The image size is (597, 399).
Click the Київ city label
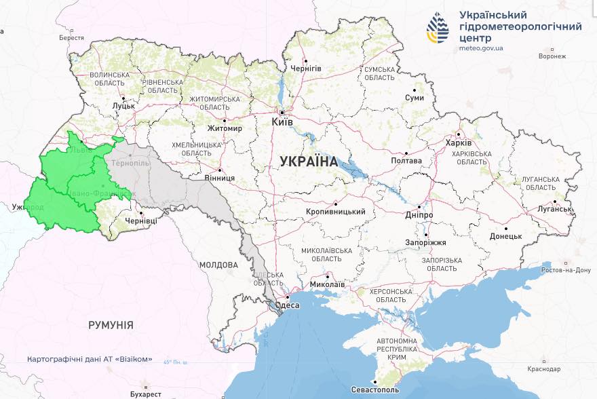click(x=282, y=122)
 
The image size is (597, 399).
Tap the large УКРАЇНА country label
click(x=309, y=161)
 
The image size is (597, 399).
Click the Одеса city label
click(x=288, y=306)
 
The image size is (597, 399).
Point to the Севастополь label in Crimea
click(x=376, y=390)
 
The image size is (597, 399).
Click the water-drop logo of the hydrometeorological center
click(x=438, y=28)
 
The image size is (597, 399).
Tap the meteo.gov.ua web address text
click(x=481, y=49)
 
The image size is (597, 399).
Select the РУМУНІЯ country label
click(x=111, y=325)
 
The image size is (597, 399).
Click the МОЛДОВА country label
click(x=219, y=265)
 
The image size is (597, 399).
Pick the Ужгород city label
click(x=26, y=206)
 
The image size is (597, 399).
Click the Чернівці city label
click(x=140, y=221)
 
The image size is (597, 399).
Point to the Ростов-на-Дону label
click(x=566, y=270)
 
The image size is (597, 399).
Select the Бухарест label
click(x=147, y=394)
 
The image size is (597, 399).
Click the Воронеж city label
click(x=552, y=56)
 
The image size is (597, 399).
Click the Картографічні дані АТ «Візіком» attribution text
click(x=90, y=359)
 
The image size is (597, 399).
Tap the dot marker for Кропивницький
click(x=335, y=203)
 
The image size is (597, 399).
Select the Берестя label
click(x=71, y=38)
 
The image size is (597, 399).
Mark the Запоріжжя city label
click(x=425, y=242)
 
